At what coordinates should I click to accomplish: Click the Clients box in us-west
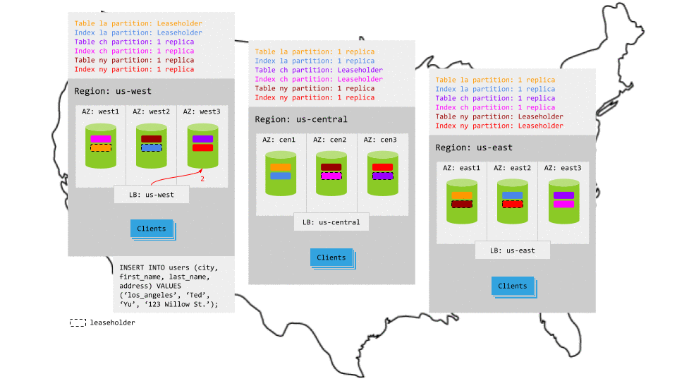(152, 229)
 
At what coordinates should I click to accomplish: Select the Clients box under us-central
(331, 258)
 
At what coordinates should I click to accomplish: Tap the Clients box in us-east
(513, 286)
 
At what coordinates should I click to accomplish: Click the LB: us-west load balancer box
(152, 195)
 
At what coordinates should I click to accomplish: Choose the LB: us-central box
(331, 222)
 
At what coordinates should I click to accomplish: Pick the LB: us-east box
(513, 250)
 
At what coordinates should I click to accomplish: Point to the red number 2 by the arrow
(202, 180)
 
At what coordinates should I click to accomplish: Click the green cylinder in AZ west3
(202, 146)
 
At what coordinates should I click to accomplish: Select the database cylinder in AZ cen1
(281, 174)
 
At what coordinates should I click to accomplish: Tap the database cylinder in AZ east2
(513, 202)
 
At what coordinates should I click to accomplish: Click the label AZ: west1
(101, 111)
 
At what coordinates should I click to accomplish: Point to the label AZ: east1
(461, 168)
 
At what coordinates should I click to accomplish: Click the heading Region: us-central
(301, 119)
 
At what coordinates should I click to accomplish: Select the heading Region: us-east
(474, 147)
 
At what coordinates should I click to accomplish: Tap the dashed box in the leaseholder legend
(78, 322)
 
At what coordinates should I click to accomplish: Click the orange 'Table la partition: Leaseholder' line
(138, 23)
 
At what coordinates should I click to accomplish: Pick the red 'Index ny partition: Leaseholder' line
(499, 126)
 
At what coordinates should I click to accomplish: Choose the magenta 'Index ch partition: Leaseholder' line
(319, 79)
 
